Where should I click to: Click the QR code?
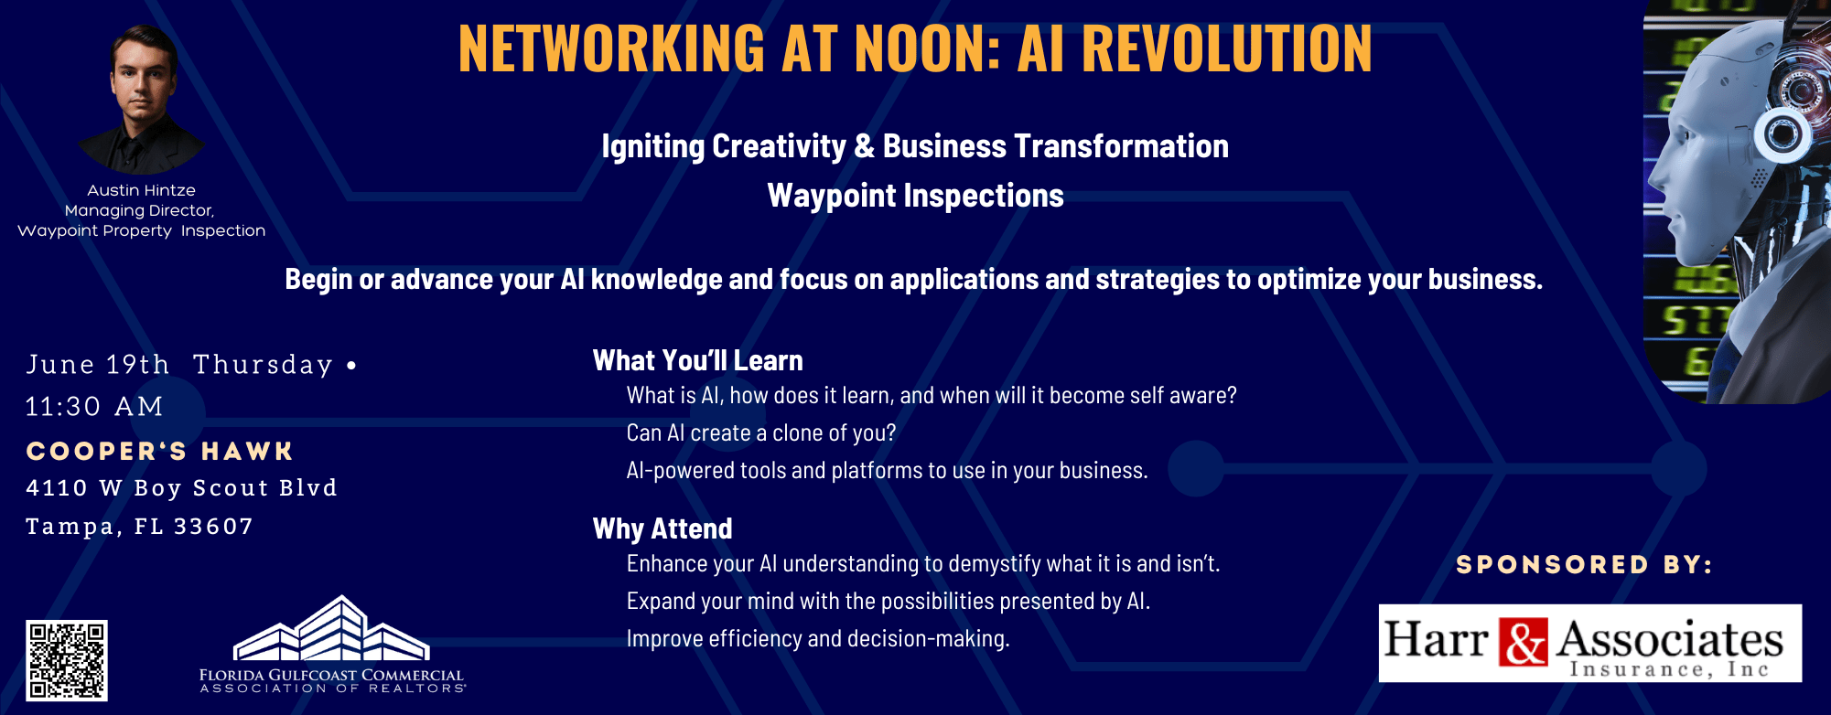pyautogui.click(x=67, y=661)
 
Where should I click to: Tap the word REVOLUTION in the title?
pyautogui.click(x=1227, y=48)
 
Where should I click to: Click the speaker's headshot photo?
pyautogui.click(x=142, y=99)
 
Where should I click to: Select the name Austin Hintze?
pyautogui.click(x=142, y=190)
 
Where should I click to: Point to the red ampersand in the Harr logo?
pyautogui.click(x=1524, y=642)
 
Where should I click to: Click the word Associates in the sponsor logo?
pyautogui.click(x=1670, y=638)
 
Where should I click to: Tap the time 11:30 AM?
pyautogui.click(x=94, y=406)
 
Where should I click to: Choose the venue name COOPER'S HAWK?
pyautogui.click(x=159, y=451)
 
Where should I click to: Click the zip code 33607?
pyautogui.click(x=213, y=527)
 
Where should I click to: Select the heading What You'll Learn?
pyautogui.click(x=698, y=360)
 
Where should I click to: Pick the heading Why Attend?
pyautogui.click(x=662, y=528)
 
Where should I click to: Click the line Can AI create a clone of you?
pyautogui.click(x=761, y=432)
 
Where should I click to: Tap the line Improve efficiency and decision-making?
pyautogui.click(x=818, y=638)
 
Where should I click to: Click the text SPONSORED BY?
pyautogui.click(x=1584, y=565)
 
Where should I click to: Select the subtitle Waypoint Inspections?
pyautogui.click(x=915, y=196)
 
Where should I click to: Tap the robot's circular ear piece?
pyautogui.click(x=1783, y=134)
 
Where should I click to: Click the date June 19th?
pyautogui.click(x=98, y=364)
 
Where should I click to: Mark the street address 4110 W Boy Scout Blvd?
pyautogui.click(x=181, y=488)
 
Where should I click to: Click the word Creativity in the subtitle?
pyautogui.click(x=779, y=146)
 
